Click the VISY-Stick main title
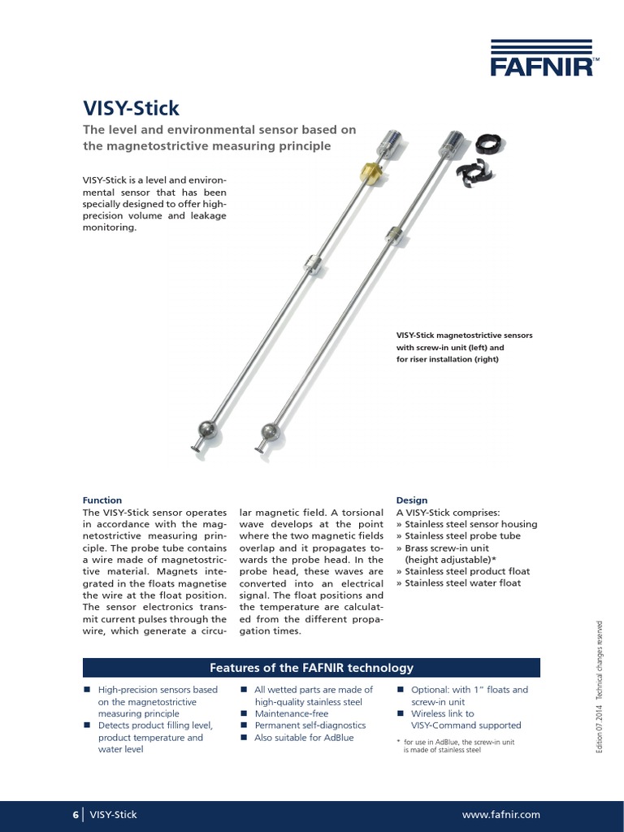coord(131,107)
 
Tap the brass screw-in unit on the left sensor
coord(370,172)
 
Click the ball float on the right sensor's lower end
coord(271,432)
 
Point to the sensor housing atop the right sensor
coord(449,147)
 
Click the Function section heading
coord(102,500)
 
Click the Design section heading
coord(411,500)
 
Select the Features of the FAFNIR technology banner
coord(311,668)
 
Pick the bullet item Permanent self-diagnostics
coord(310,726)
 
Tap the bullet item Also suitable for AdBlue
coord(304,738)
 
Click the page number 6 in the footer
coord(76,814)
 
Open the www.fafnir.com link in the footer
coord(500,814)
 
